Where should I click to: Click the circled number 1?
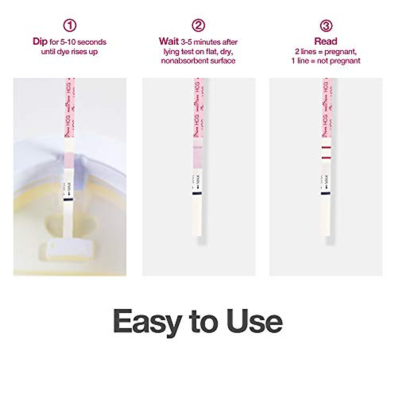(69, 25)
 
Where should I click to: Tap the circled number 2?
(198, 25)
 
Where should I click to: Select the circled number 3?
(326, 25)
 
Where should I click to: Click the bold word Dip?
(40, 42)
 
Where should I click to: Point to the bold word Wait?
(169, 42)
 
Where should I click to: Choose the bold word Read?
(326, 42)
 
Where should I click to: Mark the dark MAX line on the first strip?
(68, 200)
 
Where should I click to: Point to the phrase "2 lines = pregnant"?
(326, 52)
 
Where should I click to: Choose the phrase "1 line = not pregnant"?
(326, 61)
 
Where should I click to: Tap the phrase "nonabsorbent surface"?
(198, 61)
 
